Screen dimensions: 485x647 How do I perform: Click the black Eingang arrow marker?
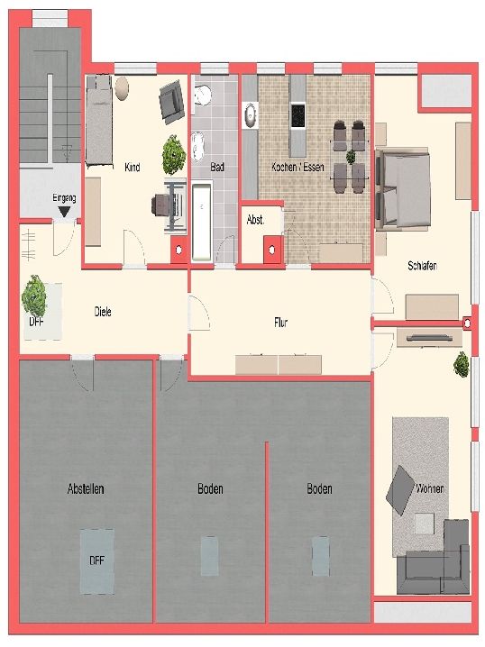64,212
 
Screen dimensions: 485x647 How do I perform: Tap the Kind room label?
133,167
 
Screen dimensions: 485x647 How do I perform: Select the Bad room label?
217,167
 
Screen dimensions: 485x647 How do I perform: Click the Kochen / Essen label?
297,167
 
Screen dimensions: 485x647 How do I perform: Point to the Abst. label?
255,220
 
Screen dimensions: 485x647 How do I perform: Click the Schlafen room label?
422,266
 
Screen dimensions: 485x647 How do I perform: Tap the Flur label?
280,322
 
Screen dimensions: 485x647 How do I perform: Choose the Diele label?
103,312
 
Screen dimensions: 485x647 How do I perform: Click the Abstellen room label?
86,489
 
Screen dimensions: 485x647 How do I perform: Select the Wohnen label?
430,488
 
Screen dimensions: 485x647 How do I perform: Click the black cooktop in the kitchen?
297,116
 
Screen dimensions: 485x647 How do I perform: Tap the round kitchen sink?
250,115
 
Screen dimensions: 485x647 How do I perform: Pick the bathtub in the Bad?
202,223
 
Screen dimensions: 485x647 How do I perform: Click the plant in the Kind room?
174,155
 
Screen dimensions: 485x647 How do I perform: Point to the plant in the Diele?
34,296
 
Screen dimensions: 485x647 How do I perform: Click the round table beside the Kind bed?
122,88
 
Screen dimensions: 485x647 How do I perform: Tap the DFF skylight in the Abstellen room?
97,561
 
